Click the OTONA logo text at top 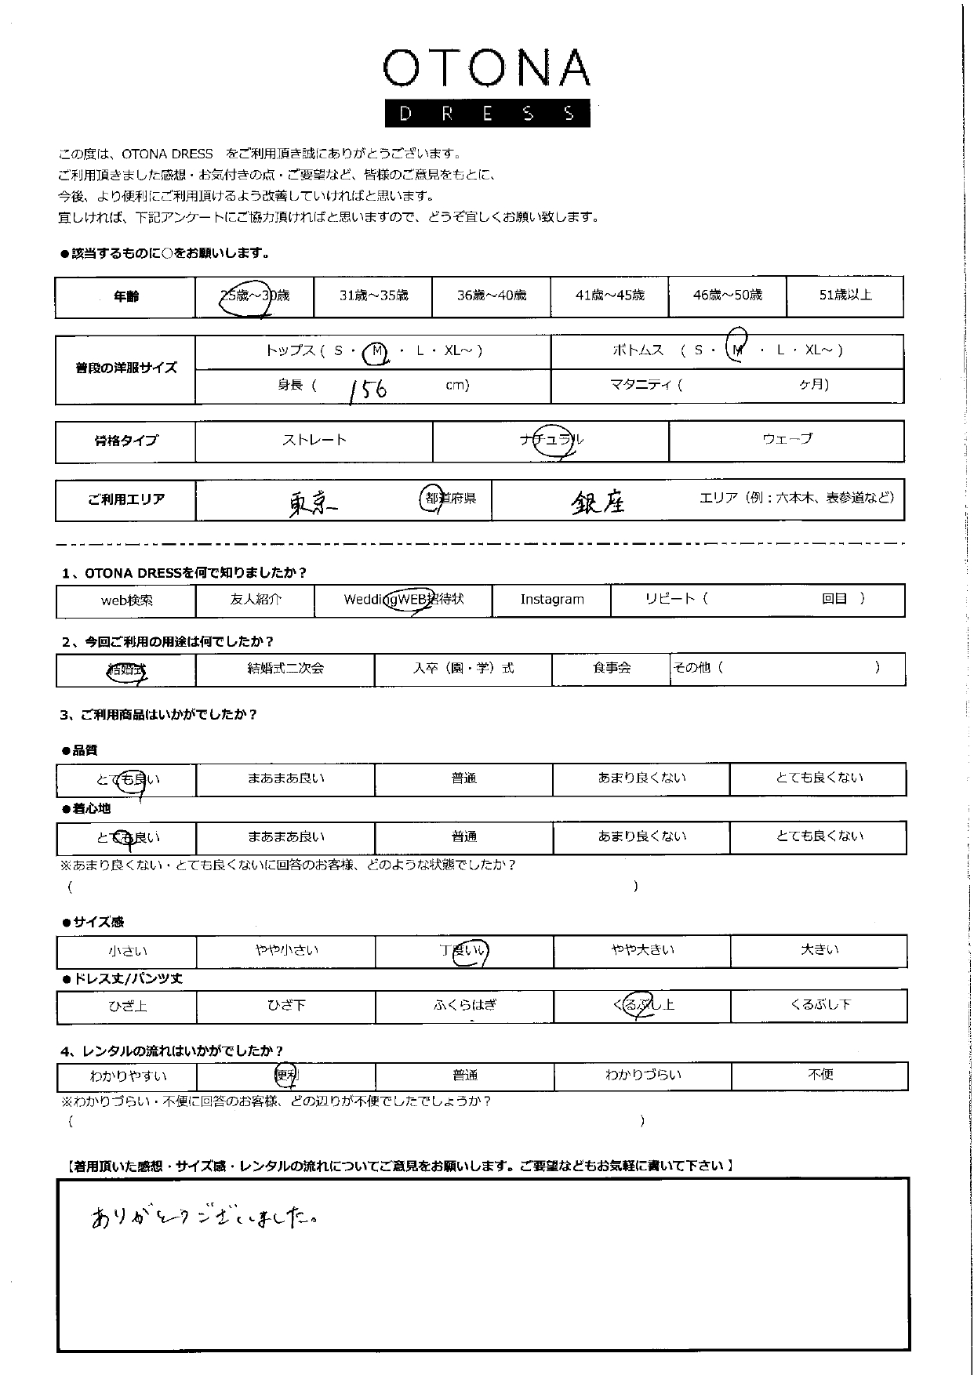[486, 68]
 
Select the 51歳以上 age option [845, 296]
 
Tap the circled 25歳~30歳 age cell [254, 296]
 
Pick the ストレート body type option [314, 440]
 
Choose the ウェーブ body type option [787, 439]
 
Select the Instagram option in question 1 [552, 600]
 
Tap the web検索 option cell [126, 600]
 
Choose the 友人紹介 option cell [256, 600]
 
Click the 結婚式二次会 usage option [285, 669]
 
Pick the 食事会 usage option [612, 669]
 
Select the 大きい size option [820, 950]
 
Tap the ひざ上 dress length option [127, 1007]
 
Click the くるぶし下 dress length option [820, 1005]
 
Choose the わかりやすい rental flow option [128, 1076]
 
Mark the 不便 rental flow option [820, 1075]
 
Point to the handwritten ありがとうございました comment [204, 1217]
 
